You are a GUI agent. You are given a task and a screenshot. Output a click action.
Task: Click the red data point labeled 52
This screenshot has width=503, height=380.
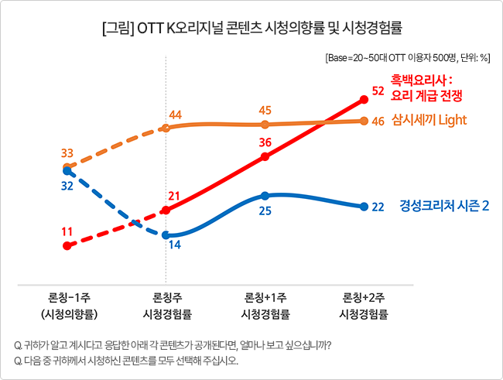(x=364, y=100)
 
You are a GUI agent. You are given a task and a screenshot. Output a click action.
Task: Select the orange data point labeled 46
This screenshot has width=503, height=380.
(x=364, y=121)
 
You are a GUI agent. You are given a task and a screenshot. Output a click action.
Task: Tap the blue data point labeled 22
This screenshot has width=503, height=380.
(x=364, y=207)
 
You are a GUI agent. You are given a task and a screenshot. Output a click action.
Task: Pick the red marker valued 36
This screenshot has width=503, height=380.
(x=265, y=156)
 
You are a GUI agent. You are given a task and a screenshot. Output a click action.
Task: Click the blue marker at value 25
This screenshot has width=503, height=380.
(x=265, y=196)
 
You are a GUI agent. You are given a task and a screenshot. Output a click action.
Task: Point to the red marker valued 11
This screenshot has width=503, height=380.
(x=67, y=246)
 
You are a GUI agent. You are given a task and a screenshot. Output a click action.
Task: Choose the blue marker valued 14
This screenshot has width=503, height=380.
(x=166, y=235)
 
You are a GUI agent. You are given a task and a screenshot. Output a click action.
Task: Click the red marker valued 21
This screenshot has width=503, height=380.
(x=166, y=211)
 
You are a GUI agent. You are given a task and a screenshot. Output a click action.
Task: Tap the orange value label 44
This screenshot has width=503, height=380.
(x=176, y=115)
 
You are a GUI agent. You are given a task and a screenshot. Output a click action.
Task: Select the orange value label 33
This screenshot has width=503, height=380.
(x=67, y=153)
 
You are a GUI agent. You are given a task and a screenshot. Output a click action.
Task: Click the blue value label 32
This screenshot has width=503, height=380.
(x=67, y=186)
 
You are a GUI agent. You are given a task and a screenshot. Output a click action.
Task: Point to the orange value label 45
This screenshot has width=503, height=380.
(x=265, y=110)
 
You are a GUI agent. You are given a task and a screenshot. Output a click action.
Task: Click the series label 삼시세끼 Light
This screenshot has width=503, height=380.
(x=429, y=120)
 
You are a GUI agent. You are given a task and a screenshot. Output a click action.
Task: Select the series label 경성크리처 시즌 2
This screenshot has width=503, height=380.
(x=444, y=205)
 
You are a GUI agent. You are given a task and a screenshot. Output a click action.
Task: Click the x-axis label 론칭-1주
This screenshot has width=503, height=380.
(x=70, y=298)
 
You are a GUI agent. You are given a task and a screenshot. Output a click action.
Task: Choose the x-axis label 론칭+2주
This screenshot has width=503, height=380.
(x=364, y=298)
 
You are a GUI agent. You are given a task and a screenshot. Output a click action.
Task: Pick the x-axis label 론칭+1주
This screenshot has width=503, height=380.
(x=265, y=298)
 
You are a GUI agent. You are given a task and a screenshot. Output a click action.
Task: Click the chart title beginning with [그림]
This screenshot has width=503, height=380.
(x=252, y=28)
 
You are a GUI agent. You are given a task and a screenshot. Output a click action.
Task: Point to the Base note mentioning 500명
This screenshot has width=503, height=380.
(x=408, y=58)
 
